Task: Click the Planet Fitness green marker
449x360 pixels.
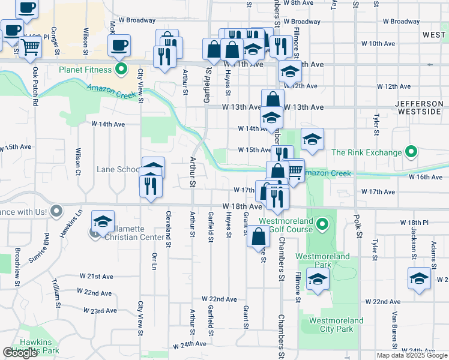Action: (122, 69)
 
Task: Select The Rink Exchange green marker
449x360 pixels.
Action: (411, 152)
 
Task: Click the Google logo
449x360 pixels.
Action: (20, 353)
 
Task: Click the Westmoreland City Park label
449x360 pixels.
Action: (336, 325)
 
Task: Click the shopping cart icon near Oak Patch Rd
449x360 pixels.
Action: (30, 47)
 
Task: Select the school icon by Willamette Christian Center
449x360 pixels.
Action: (103, 220)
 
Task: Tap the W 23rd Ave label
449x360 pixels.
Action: (100, 311)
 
